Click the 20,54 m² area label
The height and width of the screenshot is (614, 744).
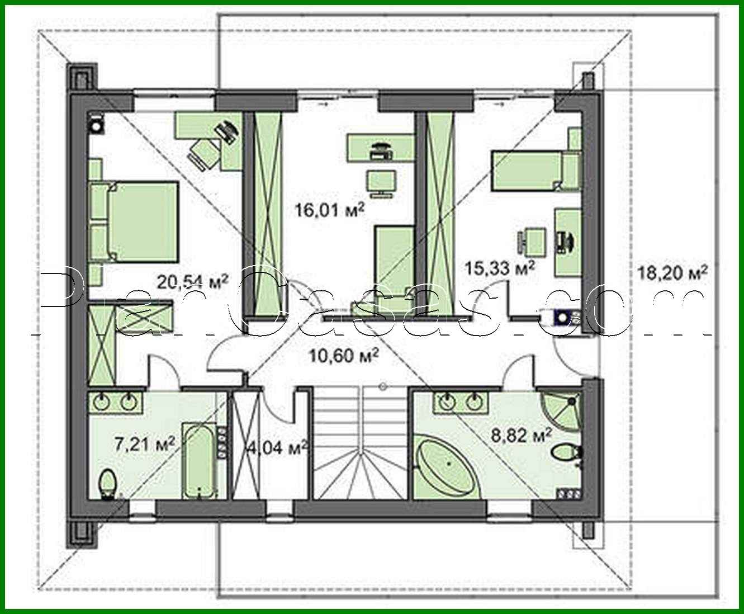(192, 282)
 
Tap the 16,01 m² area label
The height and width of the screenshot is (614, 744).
(330, 210)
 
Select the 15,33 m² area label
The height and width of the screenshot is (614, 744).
(500, 267)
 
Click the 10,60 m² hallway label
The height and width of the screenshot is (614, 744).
(343, 355)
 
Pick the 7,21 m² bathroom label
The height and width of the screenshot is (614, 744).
(145, 444)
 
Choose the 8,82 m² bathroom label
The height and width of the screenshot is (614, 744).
(522, 435)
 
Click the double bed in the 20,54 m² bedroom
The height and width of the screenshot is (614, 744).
(134, 222)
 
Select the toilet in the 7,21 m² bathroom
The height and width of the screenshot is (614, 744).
(108, 485)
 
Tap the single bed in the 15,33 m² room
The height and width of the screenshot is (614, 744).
(536, 171)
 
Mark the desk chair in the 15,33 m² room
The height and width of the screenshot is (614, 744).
(532, 242)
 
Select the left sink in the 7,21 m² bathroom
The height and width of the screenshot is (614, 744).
(101, 403)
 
